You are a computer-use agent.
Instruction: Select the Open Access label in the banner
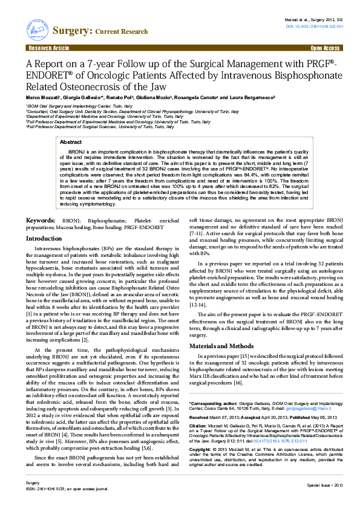pyautogui.click(x=325, y=47)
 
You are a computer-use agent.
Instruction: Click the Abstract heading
pyautogui.click(x=71, y=141)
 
